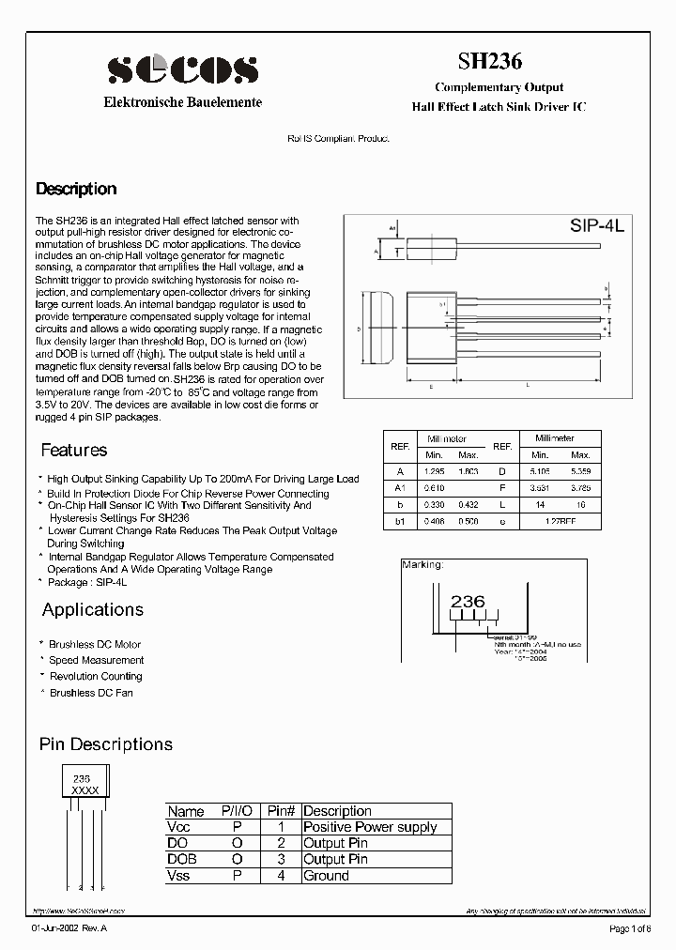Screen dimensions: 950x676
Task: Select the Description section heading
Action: point(76,189)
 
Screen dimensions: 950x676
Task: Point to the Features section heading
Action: point(74,450)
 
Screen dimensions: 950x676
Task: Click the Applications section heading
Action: point(93,609)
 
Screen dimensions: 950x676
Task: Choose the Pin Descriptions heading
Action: point(106,743)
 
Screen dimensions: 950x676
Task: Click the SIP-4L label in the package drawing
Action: point(596,226)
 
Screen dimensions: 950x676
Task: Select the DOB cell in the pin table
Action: point(182,859)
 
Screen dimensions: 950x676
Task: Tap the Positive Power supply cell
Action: point(370,827)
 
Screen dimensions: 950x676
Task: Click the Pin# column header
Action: point(282,811)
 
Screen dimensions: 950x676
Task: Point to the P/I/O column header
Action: point(238,811)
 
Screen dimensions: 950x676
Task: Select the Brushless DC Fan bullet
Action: point(91,693)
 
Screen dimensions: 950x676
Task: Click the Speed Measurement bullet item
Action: point(96,660)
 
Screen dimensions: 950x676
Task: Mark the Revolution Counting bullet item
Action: point(96,676)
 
